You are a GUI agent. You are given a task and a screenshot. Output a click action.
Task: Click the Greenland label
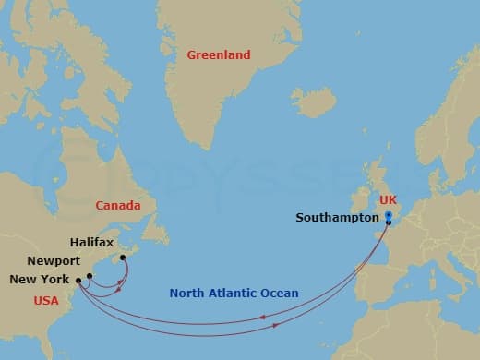pyautogui.click(x=219, y=55)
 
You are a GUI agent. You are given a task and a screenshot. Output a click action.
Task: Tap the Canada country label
pyautogui.click(x=118, y=206)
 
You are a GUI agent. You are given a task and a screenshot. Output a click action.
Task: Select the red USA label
pyautogui.click(x=47, y=300)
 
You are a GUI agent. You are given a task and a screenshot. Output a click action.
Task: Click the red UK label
pyautogui.click(x=390, y=200)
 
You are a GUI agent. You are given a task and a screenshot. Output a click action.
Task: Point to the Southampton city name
pyautogui.click(x=338, y=218)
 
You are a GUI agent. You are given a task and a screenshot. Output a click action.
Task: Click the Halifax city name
pyautogui.click(x=92, y=242)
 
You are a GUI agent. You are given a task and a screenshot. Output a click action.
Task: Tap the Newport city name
pyautogui.click(x=54, y=261)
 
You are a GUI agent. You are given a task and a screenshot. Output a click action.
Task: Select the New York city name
pyautogui.click(x=42, y=279)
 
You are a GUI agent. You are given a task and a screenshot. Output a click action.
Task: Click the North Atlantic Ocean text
pyautogui.click(x=234, y=294)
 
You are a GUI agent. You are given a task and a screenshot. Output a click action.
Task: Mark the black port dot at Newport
pyautogui.click(x=90, y=275)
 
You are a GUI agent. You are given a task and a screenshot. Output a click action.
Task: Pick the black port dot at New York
pyautogui.click(x=80, y=280)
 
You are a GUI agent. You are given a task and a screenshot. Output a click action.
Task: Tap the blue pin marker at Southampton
pyautogui.click(x=389, y=218)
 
